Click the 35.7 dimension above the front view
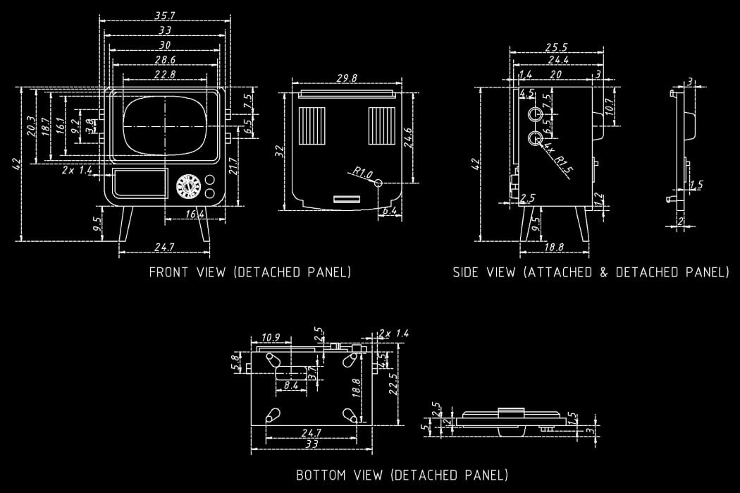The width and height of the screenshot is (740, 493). pyautogui.click(x=166, y=15)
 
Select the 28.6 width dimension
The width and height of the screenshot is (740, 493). pyautogui.click(x=166, y=59)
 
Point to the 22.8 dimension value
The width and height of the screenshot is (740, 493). pyautogui.click(x=166, y=74)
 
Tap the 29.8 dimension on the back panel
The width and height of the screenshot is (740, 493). pyautogui.click(x=346, y=78)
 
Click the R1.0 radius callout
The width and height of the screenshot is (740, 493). pyautogui.click(x=362, y=171)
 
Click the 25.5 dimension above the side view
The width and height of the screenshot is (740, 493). pyautogui.click(x=556, y=47)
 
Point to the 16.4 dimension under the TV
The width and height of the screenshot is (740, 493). pyautogui.click(x=195, y=214)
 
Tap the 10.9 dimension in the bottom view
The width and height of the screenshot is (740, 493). pyautogui.click(x=271, y=337)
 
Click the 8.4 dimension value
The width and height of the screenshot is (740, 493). pyautogui.click(x=291, y=385)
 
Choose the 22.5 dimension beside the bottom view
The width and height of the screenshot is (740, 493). pyautogui.click(x=394, y=385)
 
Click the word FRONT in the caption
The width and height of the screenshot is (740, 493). pyautogui.click(x=168, y=272)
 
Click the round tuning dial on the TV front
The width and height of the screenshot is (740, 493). pyautogui.click(x=187, y=187)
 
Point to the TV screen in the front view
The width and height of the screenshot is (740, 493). pyautogui.click(x=165, y=126)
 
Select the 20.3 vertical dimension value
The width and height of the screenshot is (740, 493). pyautogui.click(x=30, y=126)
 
